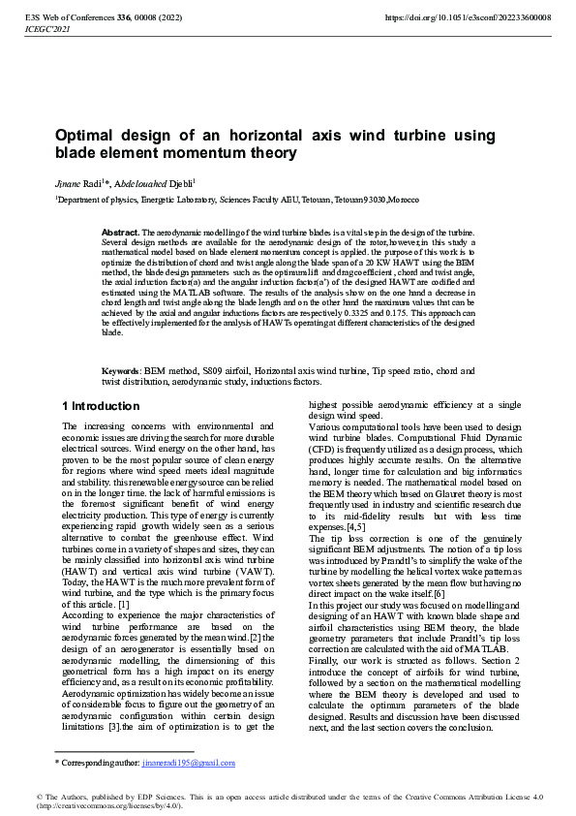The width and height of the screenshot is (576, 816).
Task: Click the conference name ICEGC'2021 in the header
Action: [x=44, y=30]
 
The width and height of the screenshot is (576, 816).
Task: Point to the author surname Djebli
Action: [x=181, y=181]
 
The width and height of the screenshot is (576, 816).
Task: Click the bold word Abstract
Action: [x=121, y=234]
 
